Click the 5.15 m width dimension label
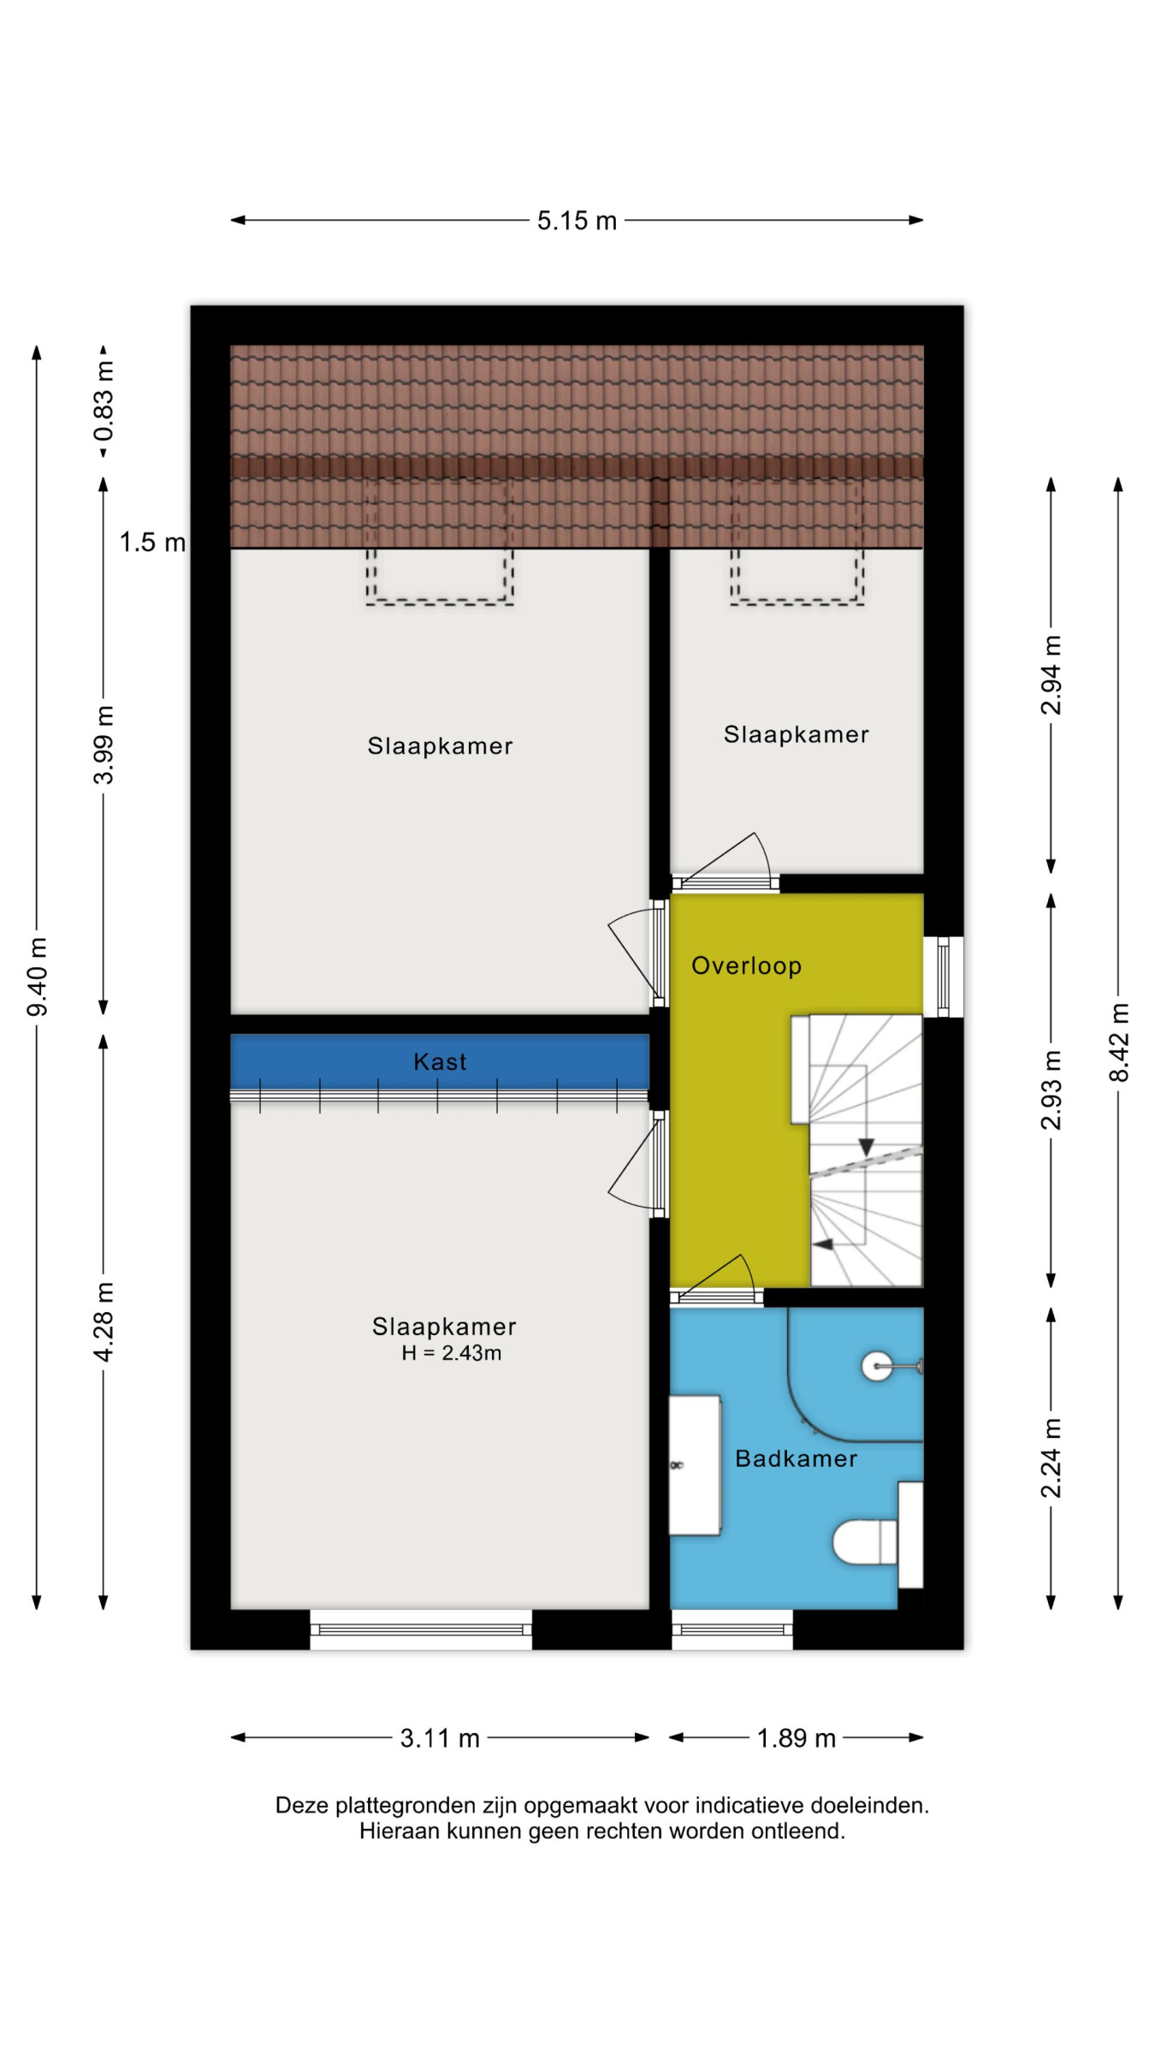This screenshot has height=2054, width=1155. pos(577,221)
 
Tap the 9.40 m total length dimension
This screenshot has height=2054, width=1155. pos(38,977)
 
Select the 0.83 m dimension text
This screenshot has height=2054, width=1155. pos(104,401)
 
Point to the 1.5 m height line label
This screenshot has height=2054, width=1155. pos(152,542)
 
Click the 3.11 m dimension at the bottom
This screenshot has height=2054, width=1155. pos(440,1738)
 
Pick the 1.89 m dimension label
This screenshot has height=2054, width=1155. pos(796,1738)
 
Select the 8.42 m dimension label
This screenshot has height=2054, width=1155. pos(1118,1042)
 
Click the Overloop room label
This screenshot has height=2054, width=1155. pos(746,965)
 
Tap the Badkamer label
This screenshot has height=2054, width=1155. pos(796,1458)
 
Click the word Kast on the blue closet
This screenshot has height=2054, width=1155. pos(440,1062)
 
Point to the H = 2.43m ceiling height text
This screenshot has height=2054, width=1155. pos(452,1353)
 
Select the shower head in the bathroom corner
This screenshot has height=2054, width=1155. pos(890,1366)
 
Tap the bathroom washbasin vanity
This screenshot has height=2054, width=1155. pos(695,1464)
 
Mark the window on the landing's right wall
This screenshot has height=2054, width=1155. pos(943,977)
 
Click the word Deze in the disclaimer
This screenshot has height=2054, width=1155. pos(302,1805)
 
